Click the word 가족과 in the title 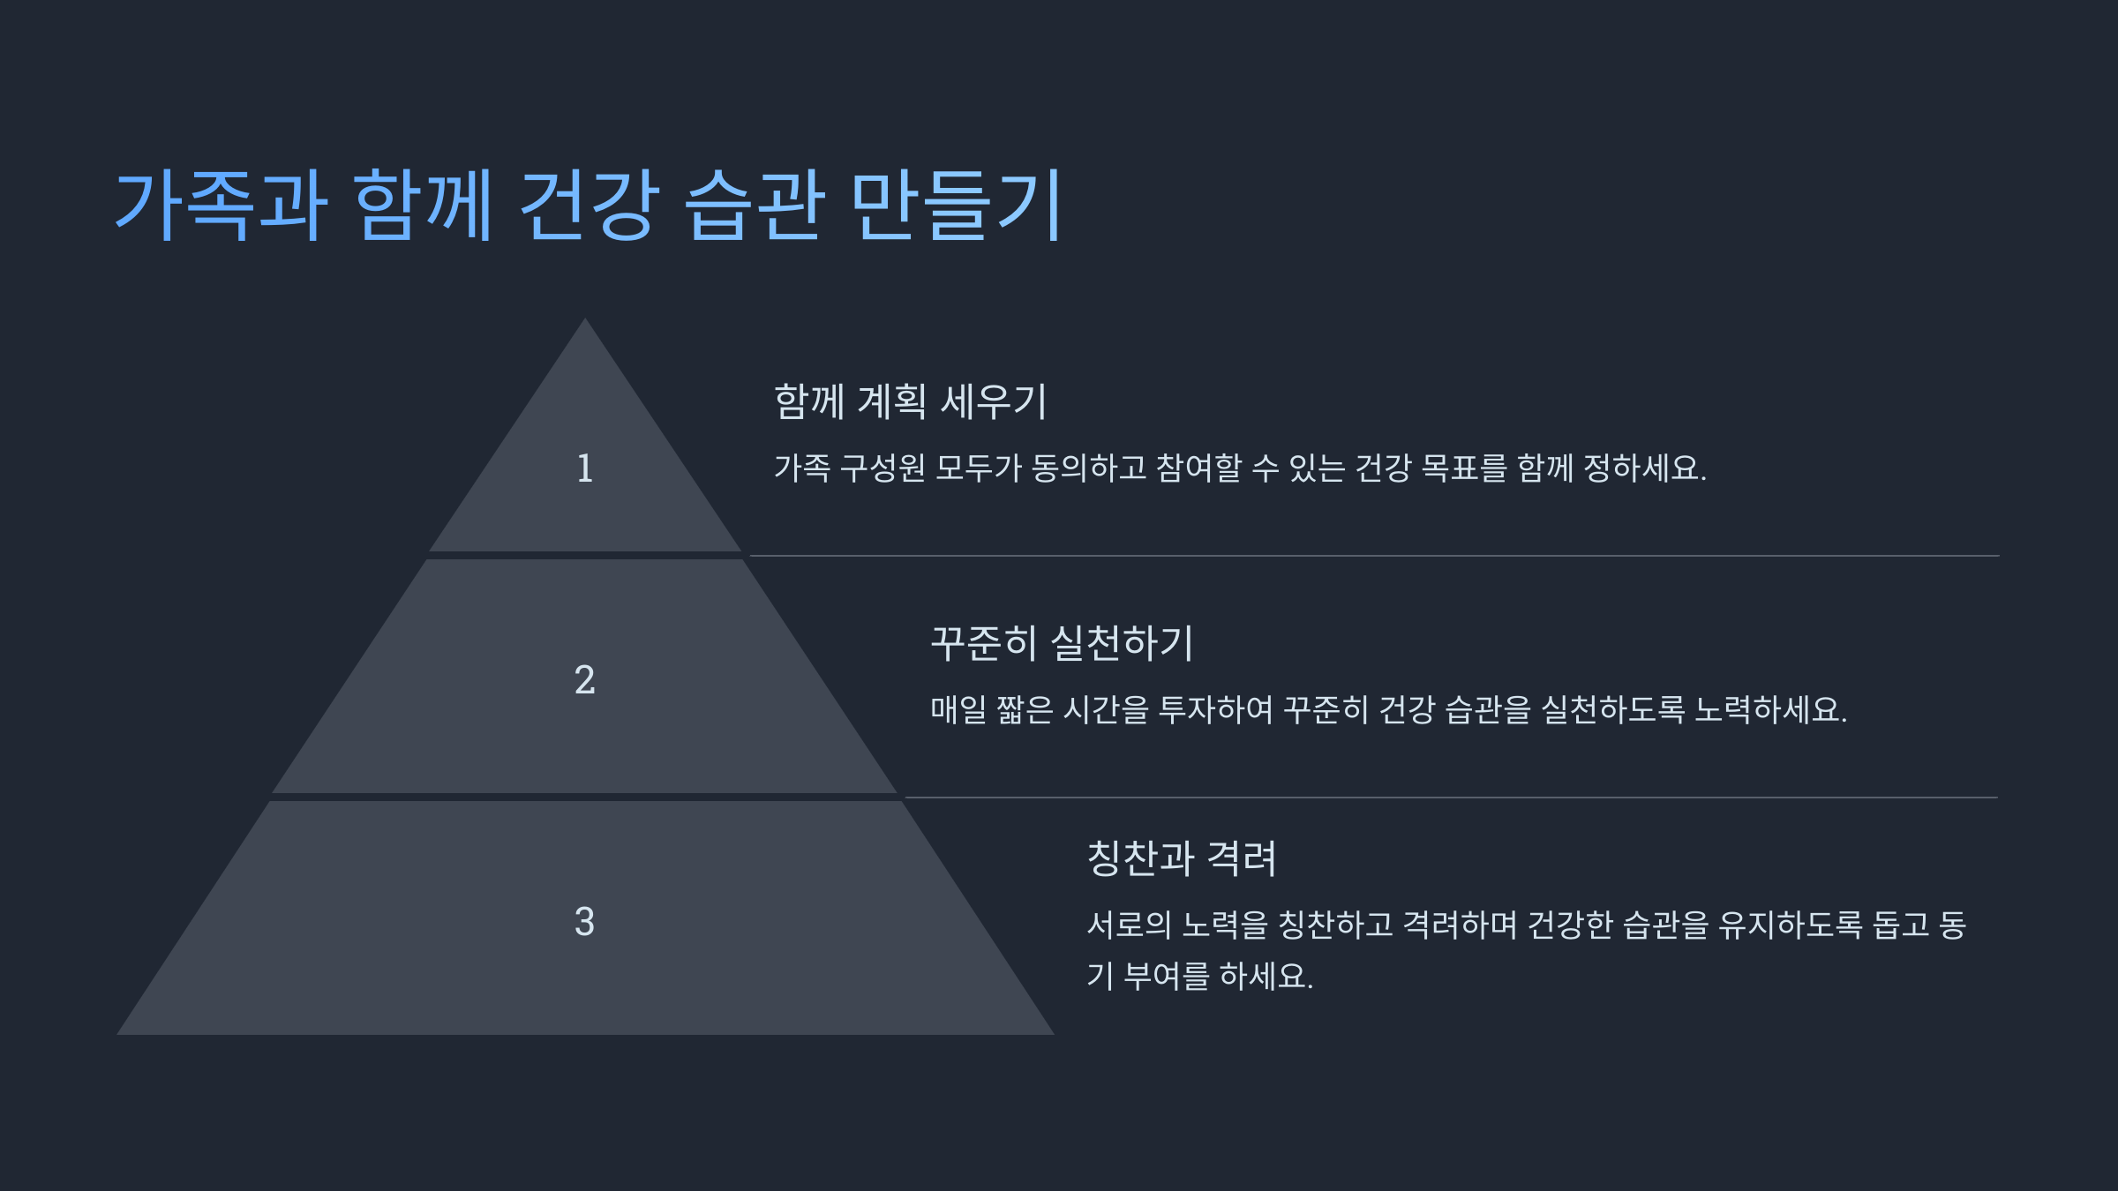click(221, 205)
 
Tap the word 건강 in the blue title click(589, 205)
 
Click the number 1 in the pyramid click(584, 468)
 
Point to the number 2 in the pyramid click(584, 680)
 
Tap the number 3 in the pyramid click(584, 922)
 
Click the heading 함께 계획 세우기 click(910, 402)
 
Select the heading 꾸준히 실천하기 click(1062, 643)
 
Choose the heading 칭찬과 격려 click(1182, 858)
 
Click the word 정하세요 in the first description click(1644, 468)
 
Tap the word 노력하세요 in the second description click(1769, 710)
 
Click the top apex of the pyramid click(584, 323)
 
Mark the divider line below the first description click(1373, 556)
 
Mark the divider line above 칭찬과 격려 click(1451, 798)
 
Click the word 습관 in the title click(755, 205)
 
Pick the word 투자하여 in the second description click(1215, 710)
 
